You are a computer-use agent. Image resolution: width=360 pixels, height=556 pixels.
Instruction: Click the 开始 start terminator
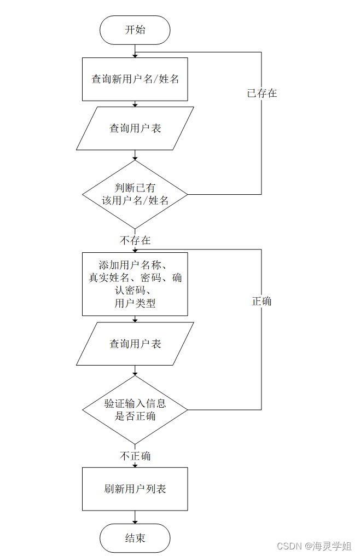click(135, 30)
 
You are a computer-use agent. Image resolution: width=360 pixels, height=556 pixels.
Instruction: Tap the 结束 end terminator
click(135, 538)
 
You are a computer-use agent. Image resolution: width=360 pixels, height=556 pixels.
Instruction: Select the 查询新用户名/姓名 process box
click(135, 79)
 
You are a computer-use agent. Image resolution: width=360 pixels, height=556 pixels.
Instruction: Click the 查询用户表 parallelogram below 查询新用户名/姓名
click(135, 128)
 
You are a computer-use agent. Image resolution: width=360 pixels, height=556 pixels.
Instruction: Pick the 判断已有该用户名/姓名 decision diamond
click(135, 194)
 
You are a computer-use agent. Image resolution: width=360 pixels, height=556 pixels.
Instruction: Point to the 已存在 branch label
click(262, 93)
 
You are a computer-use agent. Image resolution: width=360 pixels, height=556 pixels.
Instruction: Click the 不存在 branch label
click(135, 240)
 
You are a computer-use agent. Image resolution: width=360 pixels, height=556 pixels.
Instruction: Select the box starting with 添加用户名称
click(135, 283)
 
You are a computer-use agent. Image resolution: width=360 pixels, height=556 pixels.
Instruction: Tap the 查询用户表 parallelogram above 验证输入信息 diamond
click(135, 344)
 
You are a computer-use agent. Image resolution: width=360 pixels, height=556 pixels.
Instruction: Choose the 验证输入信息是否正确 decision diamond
click(135, 410)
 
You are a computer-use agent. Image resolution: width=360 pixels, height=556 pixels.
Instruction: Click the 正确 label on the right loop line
click(262, 302)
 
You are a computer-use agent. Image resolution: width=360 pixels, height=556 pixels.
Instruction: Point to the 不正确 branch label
click(135, 456)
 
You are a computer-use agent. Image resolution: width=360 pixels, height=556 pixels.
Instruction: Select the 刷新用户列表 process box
click(135, 489)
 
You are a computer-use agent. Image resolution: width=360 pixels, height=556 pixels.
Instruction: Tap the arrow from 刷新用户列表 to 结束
click(135, 517)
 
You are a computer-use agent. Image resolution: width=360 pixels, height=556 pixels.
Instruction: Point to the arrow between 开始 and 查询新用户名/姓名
click(135, 51)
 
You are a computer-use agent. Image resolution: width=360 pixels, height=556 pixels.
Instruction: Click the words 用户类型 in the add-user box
click(135, 304)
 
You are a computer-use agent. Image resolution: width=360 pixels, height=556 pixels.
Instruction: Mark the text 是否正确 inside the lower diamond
click(135, 416)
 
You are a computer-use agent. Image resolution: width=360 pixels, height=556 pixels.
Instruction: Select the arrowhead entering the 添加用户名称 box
click(135, 250)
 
